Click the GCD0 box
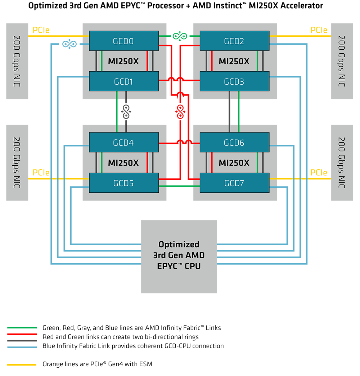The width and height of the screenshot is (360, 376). [x=123, y=41]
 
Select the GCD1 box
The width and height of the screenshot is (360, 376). [x=123, y=82]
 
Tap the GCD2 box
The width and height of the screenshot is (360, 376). [x=234, y=41]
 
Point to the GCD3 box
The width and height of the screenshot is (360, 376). [x=234, y=82]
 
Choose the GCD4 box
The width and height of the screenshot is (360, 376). [x=123, y=143]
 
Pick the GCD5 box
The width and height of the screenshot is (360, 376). [x=123, y=183]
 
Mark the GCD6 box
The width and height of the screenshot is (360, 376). [x=234, y=143]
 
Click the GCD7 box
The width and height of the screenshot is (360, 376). [x=234, y=183]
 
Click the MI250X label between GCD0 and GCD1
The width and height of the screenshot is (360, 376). [x=123, y=62]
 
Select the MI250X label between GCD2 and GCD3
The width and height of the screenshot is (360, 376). [x=234, y=62]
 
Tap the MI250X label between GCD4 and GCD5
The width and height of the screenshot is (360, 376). [x=123, y=163]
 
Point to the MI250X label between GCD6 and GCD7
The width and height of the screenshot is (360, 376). [x=234, y=163]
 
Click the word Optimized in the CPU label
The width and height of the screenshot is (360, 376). [x=179, y=245]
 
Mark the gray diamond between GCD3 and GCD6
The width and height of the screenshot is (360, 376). [x=226, y=112]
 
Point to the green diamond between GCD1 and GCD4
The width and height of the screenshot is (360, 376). [x=112, y=112]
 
